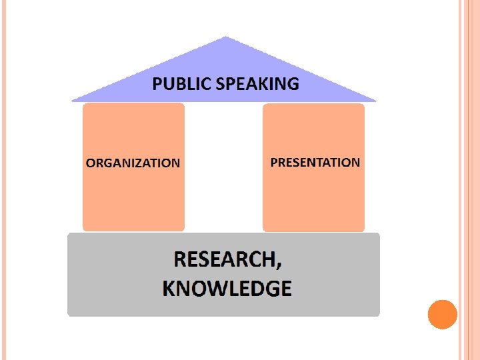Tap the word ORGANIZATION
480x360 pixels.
(x=133, y=163)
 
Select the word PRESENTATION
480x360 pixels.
(x=315, y=162)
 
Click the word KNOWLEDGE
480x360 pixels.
(x=227, y=289)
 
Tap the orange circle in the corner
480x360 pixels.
(x=442, y=314)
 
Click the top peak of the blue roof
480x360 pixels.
(x=226, y=38)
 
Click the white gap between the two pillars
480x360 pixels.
(x=223, y=167)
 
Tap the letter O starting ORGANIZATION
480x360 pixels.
(x=90, y=163)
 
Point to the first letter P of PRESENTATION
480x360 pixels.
(x=274, y=162)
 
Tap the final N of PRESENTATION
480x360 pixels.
(x=355, y=162)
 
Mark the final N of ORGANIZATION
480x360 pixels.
(x=175, y=163)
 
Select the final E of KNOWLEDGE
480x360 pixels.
(x=285, y=289)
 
